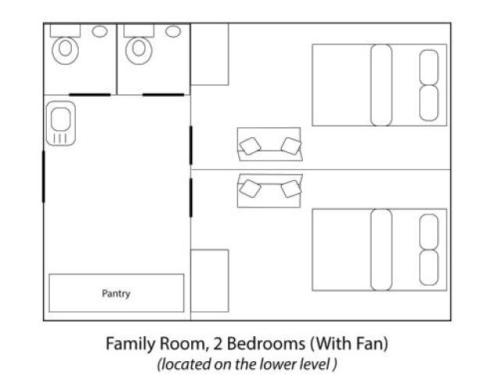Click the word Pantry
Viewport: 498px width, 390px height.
click(x=116, y=293)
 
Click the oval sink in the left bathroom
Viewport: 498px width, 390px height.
click(x=100, y=31)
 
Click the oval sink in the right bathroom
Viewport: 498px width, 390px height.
click(x=173, y=31)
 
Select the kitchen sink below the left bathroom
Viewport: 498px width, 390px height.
click(x=61, y=123)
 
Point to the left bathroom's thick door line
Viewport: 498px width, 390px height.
click(x=90, y=94)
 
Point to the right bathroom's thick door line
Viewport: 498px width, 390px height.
click(x=163, y=94)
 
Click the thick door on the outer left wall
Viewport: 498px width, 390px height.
click(x=44, y=176)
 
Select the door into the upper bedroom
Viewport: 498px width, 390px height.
click(x=191, y=145)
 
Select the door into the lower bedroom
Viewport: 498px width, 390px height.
click(x=191, y=197)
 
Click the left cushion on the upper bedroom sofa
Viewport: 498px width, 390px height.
click(x=250, y=147)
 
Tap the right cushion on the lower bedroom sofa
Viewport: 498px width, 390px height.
click(x=291, y=189)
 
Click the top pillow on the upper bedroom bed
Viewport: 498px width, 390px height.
click(x=429, y=67)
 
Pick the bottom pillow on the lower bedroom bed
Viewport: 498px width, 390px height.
click(x=429, y=268)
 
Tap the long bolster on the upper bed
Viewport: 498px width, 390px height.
click(x=381, y=85)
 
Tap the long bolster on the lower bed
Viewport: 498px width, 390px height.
click(x=381, y=250)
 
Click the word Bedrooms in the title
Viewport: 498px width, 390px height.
click(x=266, y=343)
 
